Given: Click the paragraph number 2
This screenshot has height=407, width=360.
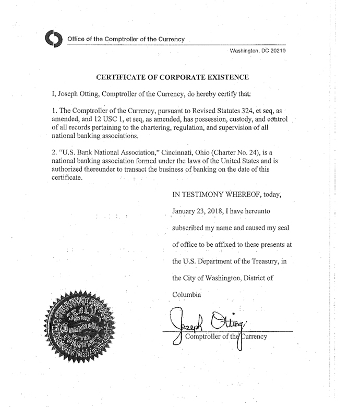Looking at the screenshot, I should pos(54,153).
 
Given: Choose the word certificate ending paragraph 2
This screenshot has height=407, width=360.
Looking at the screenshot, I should pos(67,177).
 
